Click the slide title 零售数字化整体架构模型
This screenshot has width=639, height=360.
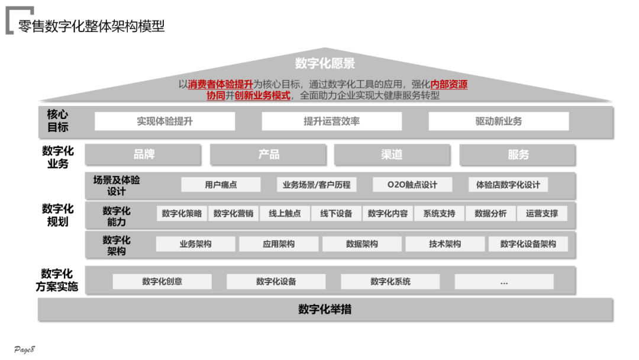(92, 26)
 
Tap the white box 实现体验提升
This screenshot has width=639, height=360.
(164, 121)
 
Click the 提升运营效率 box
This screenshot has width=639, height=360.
(331, 121)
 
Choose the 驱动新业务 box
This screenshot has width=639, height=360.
(498, 121)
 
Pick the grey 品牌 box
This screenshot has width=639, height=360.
(144, 155)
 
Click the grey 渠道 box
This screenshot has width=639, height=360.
(392, 155)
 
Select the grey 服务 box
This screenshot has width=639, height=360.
(518, 155)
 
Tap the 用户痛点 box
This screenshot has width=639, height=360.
(221, 185)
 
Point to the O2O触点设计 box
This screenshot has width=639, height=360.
(412, 185)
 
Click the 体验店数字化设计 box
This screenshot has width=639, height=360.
(508, 185)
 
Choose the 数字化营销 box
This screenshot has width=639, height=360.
(233, 214)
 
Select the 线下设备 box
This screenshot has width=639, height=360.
(336, 214)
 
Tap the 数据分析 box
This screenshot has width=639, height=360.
(490, 214)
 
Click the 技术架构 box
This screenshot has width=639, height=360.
(445, 244)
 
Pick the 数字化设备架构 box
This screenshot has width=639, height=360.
(528, 244)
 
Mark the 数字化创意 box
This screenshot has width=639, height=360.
(162, 282)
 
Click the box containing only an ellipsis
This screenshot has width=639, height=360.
(504, 282)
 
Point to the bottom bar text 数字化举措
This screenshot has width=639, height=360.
(325, 309)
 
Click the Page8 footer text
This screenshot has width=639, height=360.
(25, 349)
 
